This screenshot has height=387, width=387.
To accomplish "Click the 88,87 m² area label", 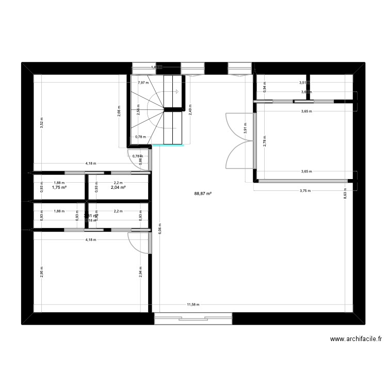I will (203, 194).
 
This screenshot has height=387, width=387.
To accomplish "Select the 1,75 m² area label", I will (59, 188).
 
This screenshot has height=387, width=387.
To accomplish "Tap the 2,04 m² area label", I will (119, 188).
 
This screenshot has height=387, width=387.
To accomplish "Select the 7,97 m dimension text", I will (143, 83).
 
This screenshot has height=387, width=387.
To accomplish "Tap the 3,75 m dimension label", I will (305, 190).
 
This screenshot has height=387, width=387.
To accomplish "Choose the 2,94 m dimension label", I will (140, 272).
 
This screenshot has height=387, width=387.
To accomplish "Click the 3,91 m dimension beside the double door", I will (246, 131).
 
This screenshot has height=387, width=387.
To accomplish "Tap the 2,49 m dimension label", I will (191, 111).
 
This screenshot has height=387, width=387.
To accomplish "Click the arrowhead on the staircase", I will (176, 92).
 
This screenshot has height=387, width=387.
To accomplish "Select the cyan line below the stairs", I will (168, 146).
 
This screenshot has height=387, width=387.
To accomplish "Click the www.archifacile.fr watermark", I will (356, 339).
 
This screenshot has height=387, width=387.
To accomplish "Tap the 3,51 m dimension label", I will (303, 83).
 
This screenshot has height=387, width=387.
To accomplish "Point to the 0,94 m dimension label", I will (265, 88).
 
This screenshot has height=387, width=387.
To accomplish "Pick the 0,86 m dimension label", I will (140, 160).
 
